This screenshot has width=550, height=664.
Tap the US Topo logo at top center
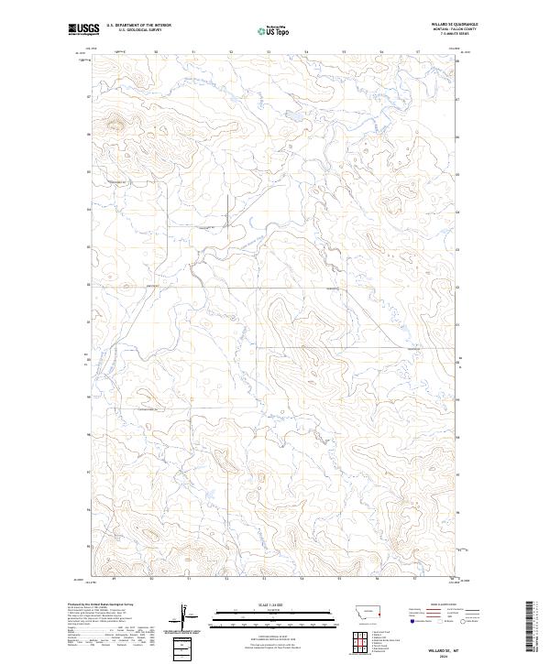coord(273,30)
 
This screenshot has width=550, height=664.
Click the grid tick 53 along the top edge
coord(269,52)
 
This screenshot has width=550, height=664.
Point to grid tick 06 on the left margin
coord(88,135)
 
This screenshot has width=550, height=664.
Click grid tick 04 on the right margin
coord(457,211)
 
